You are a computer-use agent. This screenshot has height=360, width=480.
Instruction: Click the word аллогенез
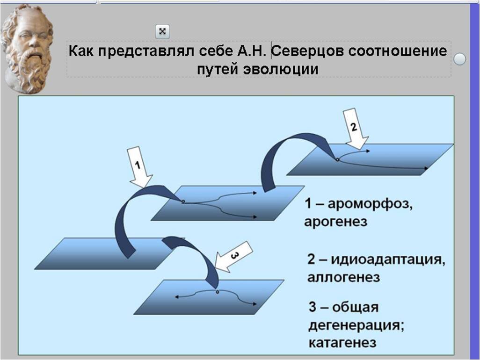343,277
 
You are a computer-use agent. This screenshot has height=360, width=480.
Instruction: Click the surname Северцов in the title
307,50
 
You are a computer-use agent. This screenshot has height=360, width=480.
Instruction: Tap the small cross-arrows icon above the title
162,31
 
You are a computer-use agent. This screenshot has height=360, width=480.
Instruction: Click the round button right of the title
460,59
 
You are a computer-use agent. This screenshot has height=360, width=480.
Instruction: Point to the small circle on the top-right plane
337,160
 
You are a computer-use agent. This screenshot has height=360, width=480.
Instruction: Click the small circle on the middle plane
183,202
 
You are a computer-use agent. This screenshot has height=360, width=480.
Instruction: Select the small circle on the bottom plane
218,292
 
